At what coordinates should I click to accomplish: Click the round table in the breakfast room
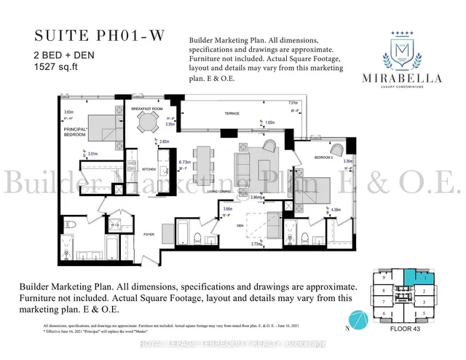coord(148,124)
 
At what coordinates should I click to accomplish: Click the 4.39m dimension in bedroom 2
coord(336,211)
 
